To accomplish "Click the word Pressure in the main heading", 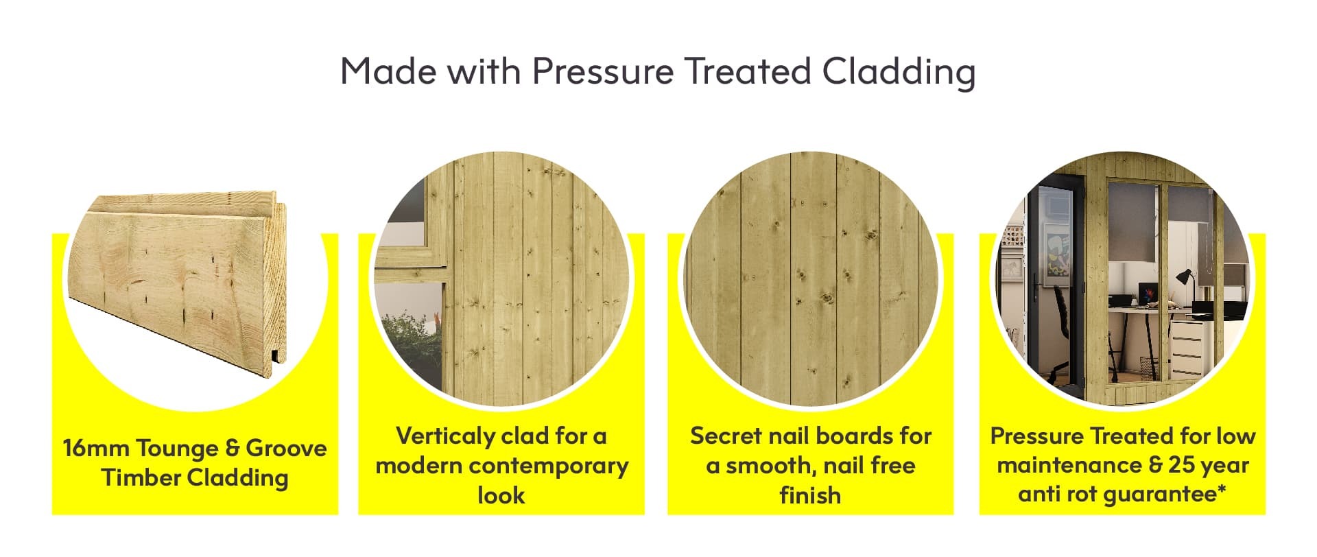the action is [x=602, y=71].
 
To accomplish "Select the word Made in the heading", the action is [x=388, y=71].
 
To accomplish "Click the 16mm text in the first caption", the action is [x=97, y=448].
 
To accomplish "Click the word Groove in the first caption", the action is [x=287, y=448].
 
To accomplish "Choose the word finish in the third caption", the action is [x=810, y=495].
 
